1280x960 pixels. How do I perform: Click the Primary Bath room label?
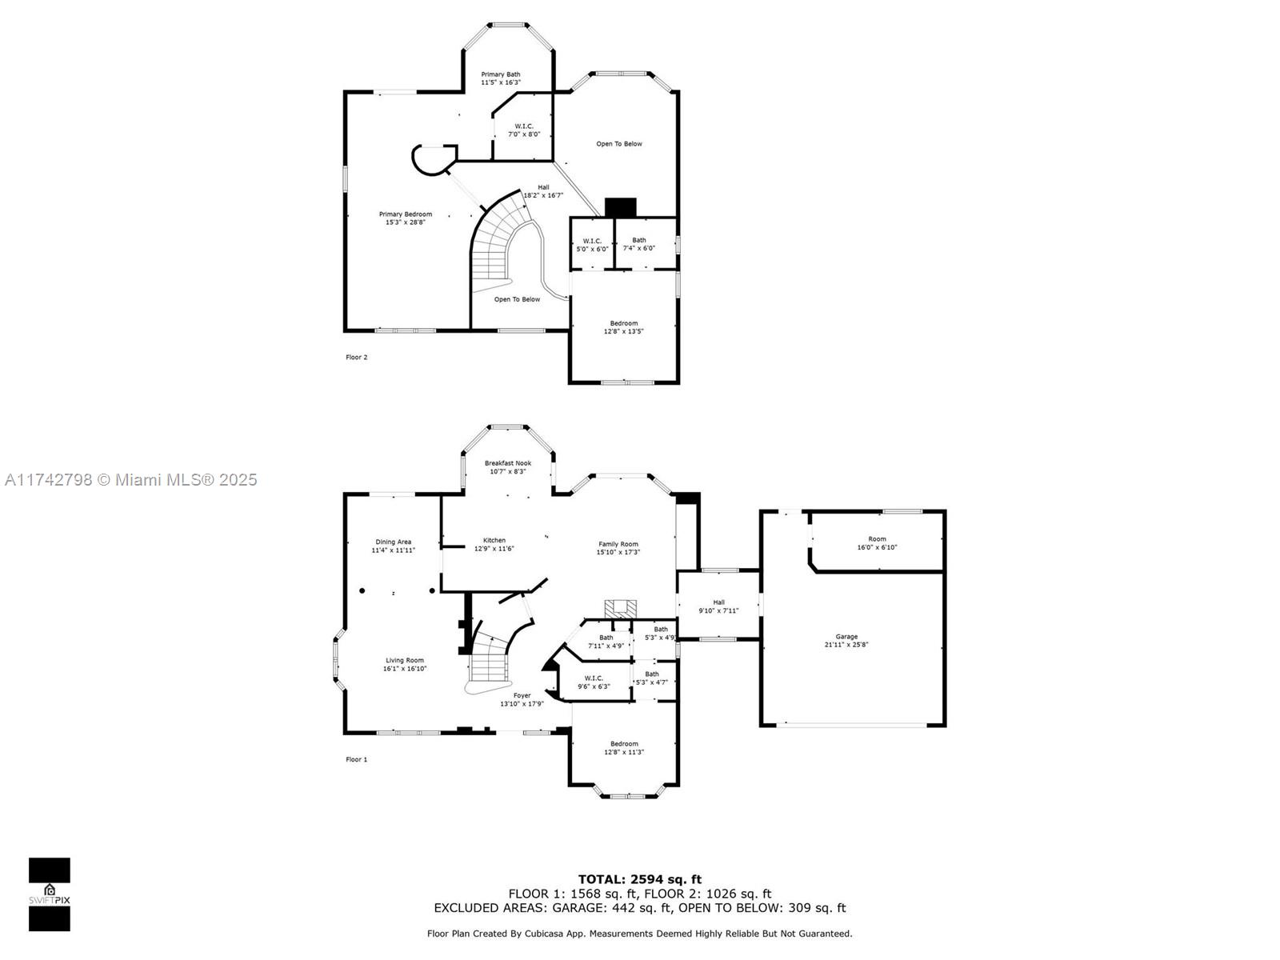pos(500,78)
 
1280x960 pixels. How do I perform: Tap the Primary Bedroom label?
pos(406,218)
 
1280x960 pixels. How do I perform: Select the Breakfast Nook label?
pos(508,467)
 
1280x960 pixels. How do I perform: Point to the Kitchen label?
pos(494,544)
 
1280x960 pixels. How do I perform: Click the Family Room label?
pos(618,547)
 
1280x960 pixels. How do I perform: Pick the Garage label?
pos(846,640)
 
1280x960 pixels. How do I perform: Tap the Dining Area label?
pos(393,546)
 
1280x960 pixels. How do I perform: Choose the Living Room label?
pos(405,664)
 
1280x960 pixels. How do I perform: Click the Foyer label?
pos(522,699)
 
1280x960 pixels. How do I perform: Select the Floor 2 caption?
pos(356,357)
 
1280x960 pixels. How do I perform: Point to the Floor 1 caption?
pos(356,759)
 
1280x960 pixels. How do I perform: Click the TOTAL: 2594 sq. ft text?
pos(640,879)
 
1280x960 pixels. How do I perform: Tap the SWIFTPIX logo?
pos(50,894)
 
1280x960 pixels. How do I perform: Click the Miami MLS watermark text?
pos(130,479)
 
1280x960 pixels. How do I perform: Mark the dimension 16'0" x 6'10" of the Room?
pos(877,546)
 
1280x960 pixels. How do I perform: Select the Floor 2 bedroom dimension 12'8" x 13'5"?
pos(623,331)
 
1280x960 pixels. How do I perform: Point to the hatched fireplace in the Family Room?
pos(620,609)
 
